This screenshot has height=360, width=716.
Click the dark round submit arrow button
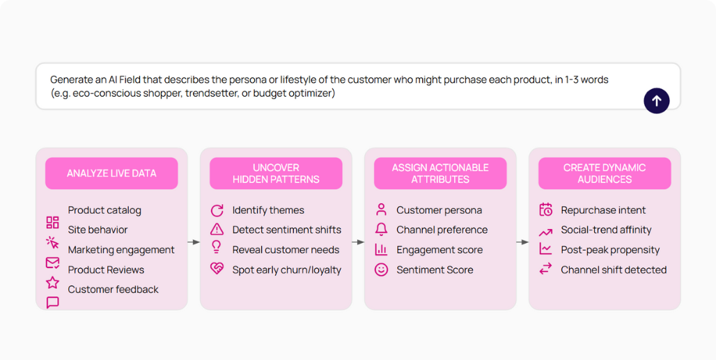click(x=656, y=101)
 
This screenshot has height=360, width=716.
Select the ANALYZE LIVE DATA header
click(x=111, y=173)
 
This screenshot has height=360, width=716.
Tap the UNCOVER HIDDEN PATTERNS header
click(x=276, y=173)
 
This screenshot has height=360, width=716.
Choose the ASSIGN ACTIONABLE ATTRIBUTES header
click(x=440, y=173)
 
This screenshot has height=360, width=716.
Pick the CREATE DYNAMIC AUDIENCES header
click(x=605, y=173)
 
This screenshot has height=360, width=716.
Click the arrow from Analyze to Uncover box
click(x=194, y=242)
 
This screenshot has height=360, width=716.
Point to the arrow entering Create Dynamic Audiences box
click(x=522, y=242)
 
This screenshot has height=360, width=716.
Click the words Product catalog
click(x=104, y=210)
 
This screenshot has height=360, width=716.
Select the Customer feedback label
click(x=113, y=289)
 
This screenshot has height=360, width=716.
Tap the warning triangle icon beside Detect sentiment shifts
click(x=217, y=229)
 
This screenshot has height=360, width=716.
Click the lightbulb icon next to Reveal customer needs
click(x=217, y=248)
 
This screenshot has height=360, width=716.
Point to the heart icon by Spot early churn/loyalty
click(x=217, y=269)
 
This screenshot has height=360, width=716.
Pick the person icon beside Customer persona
click(x=381, y=210)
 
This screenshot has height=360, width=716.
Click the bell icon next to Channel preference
click(x=381, y=229)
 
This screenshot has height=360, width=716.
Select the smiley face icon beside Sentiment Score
click(x=381, y=269)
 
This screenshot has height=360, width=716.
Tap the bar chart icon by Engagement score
click(x=381, y=249)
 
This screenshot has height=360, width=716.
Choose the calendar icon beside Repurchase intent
click(x=545, y=210)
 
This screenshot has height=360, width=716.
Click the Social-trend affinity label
click(x=606, y=230)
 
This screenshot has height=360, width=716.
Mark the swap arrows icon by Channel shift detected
click(x=545, y=269)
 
